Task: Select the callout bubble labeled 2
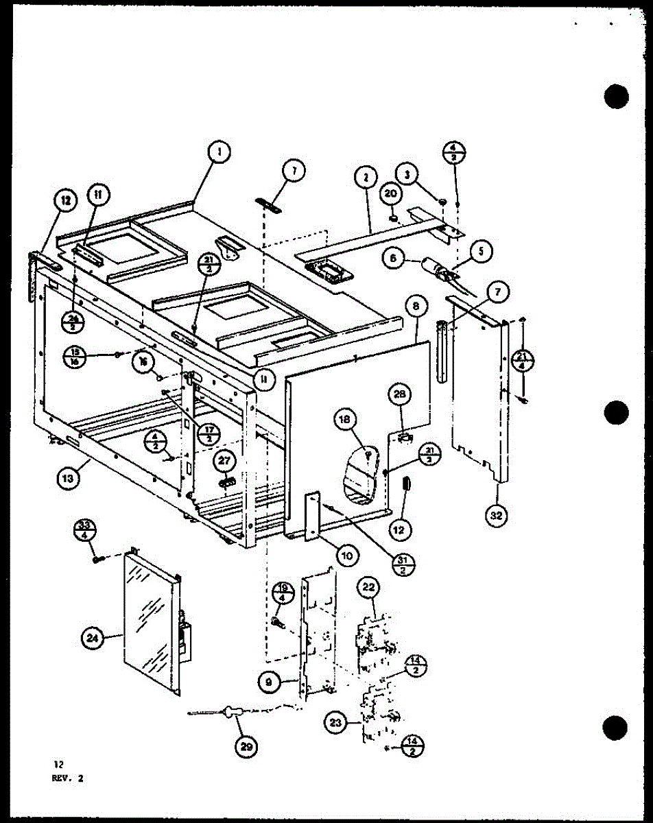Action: [x=365, y=178]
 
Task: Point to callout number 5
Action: [x=482, y=251]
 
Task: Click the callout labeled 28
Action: [x=401, y=393]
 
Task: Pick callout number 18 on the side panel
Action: [x=346, y=420]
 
